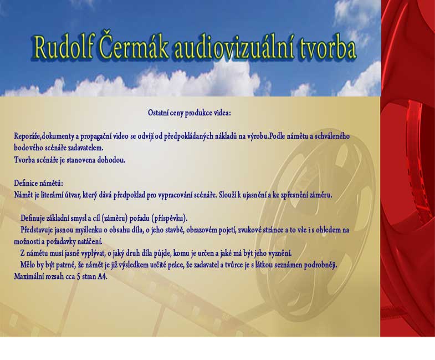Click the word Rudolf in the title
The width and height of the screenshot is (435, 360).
64,47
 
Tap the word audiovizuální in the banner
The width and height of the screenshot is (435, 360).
234,47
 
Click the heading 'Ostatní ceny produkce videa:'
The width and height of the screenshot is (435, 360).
189,113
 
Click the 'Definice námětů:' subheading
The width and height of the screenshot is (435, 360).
39,184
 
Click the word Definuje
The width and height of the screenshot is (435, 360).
33,219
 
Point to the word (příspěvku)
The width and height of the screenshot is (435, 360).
169,219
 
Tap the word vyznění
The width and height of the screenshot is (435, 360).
280,253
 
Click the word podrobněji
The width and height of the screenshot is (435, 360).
320,265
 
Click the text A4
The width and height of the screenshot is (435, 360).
103,277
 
